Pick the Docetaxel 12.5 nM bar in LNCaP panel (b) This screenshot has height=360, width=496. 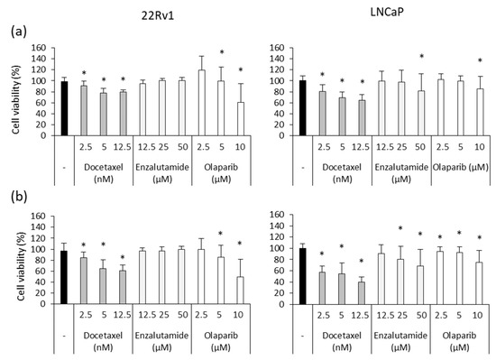tap(361, 296)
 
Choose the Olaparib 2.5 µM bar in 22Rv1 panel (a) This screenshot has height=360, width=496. tap(200, 102)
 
